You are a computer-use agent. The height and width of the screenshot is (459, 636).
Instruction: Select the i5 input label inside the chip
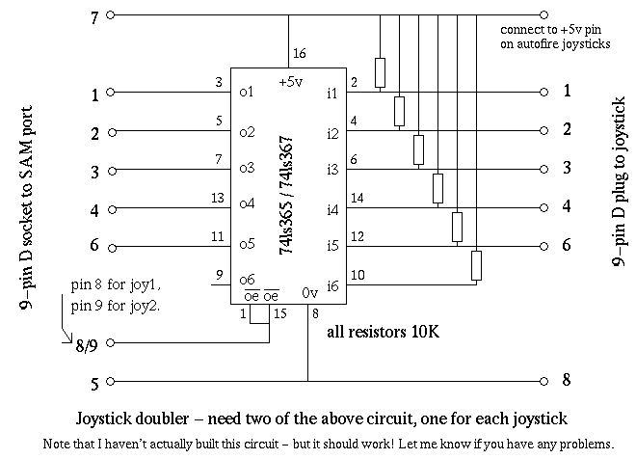(x=332, y=246)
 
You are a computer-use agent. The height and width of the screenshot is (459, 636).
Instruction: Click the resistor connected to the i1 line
(x=380, y=72)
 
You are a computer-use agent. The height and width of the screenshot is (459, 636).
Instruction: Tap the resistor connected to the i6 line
(x=475, y=265)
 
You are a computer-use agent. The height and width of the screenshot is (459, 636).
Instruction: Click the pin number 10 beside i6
(x=358, y=275)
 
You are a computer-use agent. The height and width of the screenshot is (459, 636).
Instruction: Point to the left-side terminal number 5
(x=93, y=383)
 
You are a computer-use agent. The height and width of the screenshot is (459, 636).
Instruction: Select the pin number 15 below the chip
(x=279, y=314)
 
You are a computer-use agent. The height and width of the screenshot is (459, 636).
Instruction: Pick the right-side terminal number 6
(x=568, y=245)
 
